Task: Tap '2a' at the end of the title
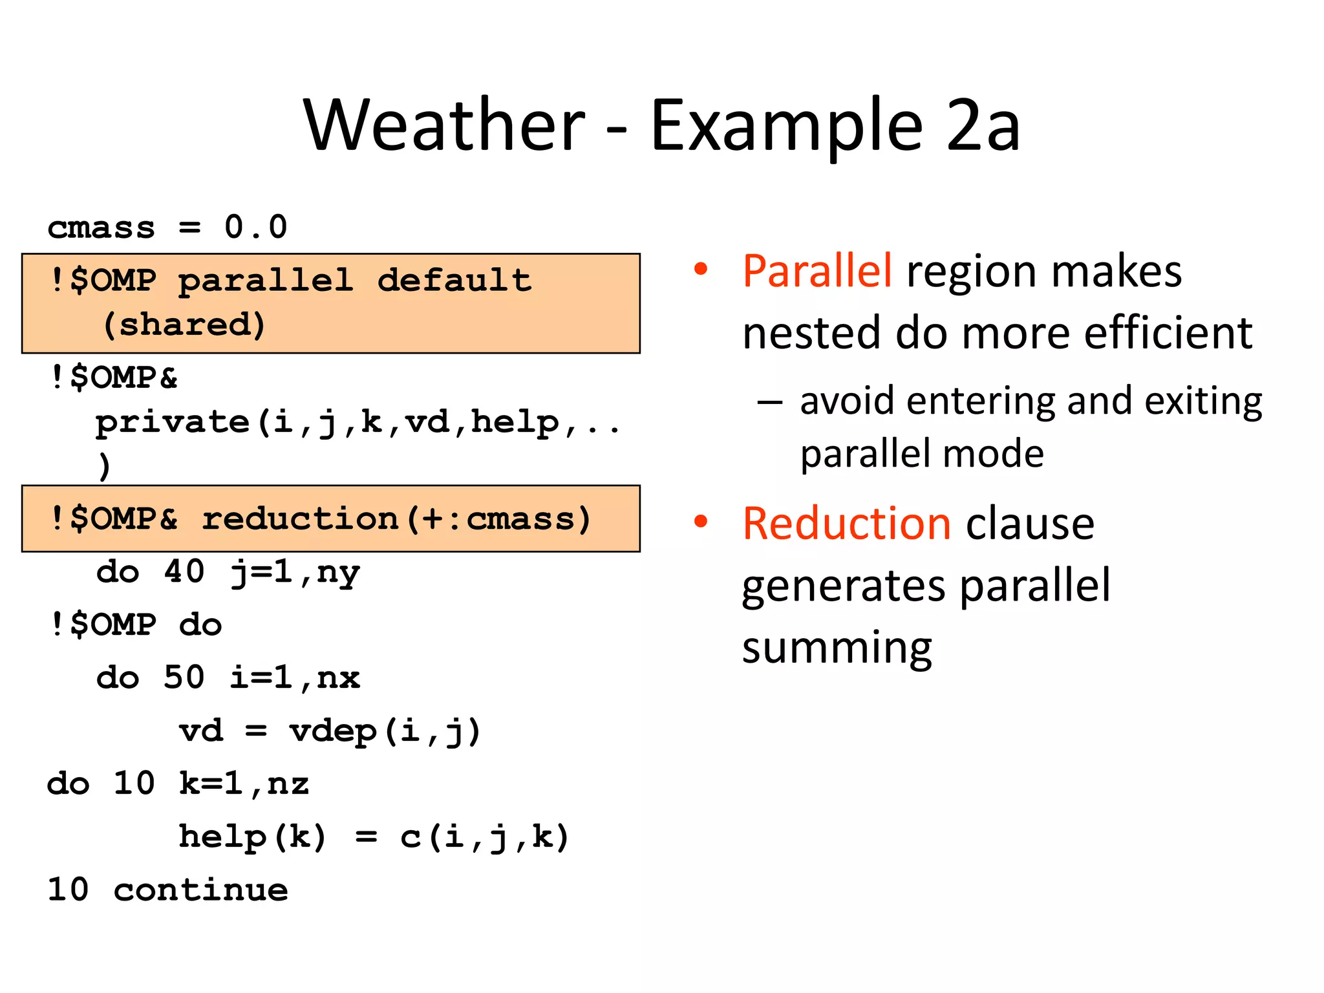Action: (983, 125)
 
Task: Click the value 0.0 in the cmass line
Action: (255, 227)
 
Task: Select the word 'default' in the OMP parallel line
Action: (454, 280)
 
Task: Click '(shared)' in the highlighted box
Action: (184, 324)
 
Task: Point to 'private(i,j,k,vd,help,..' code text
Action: (358, 422)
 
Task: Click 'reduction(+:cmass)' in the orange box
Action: (396, 518)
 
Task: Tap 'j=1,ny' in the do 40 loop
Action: (295, 572)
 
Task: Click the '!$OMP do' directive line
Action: (136, 625)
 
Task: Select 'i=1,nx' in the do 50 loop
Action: (295, 678)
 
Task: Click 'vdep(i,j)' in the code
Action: (385, 731)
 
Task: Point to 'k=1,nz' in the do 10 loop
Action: (244, 784)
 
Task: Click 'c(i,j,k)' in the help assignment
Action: (484, 837)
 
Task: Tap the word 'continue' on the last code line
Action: (200, 890)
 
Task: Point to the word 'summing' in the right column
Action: (837, 648)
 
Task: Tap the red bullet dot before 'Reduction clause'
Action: (701, 521)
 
